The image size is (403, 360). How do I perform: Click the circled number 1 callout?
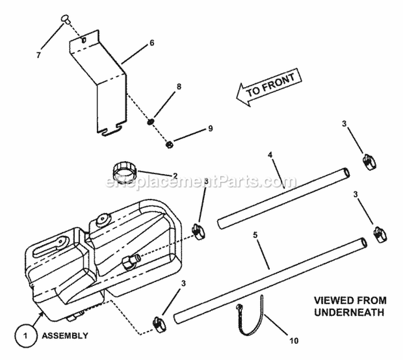[23, 336]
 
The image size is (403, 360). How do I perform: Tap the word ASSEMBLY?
[66, 336]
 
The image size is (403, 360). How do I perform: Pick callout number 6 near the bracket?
[152, 42]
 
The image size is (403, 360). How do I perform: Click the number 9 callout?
[210, 128]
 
